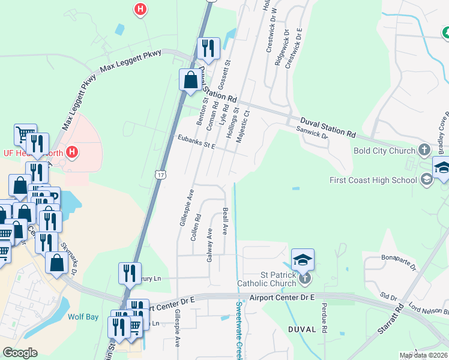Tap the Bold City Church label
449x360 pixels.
[385, 151]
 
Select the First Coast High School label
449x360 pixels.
[373, 180]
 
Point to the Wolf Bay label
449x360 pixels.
[83, 317]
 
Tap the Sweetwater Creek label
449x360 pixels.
[238, 330]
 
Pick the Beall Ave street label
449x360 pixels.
[225, 221]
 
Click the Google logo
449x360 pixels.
[20, 353]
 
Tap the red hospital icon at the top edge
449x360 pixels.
[140, 9]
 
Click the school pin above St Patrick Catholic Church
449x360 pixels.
[303, 260]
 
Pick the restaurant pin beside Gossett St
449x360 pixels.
[208, 48]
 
